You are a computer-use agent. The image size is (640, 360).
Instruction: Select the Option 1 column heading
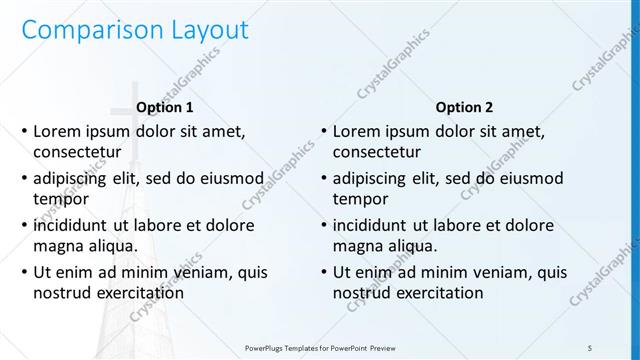[164, 107]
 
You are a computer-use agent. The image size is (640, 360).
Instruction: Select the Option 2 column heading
[464, 107]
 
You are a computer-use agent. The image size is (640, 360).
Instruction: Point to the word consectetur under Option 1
[77, 152]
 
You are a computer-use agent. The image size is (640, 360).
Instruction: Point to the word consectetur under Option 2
[377, 152]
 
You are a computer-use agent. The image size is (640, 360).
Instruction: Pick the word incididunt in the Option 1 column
[75, 225]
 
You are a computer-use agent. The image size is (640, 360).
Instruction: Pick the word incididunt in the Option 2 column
[375, 225]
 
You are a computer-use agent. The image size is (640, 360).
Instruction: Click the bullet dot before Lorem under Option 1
[24, 132]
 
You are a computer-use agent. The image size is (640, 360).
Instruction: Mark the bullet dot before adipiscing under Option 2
[324, 179]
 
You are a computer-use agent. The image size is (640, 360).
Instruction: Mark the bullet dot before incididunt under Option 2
[324, 226]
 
